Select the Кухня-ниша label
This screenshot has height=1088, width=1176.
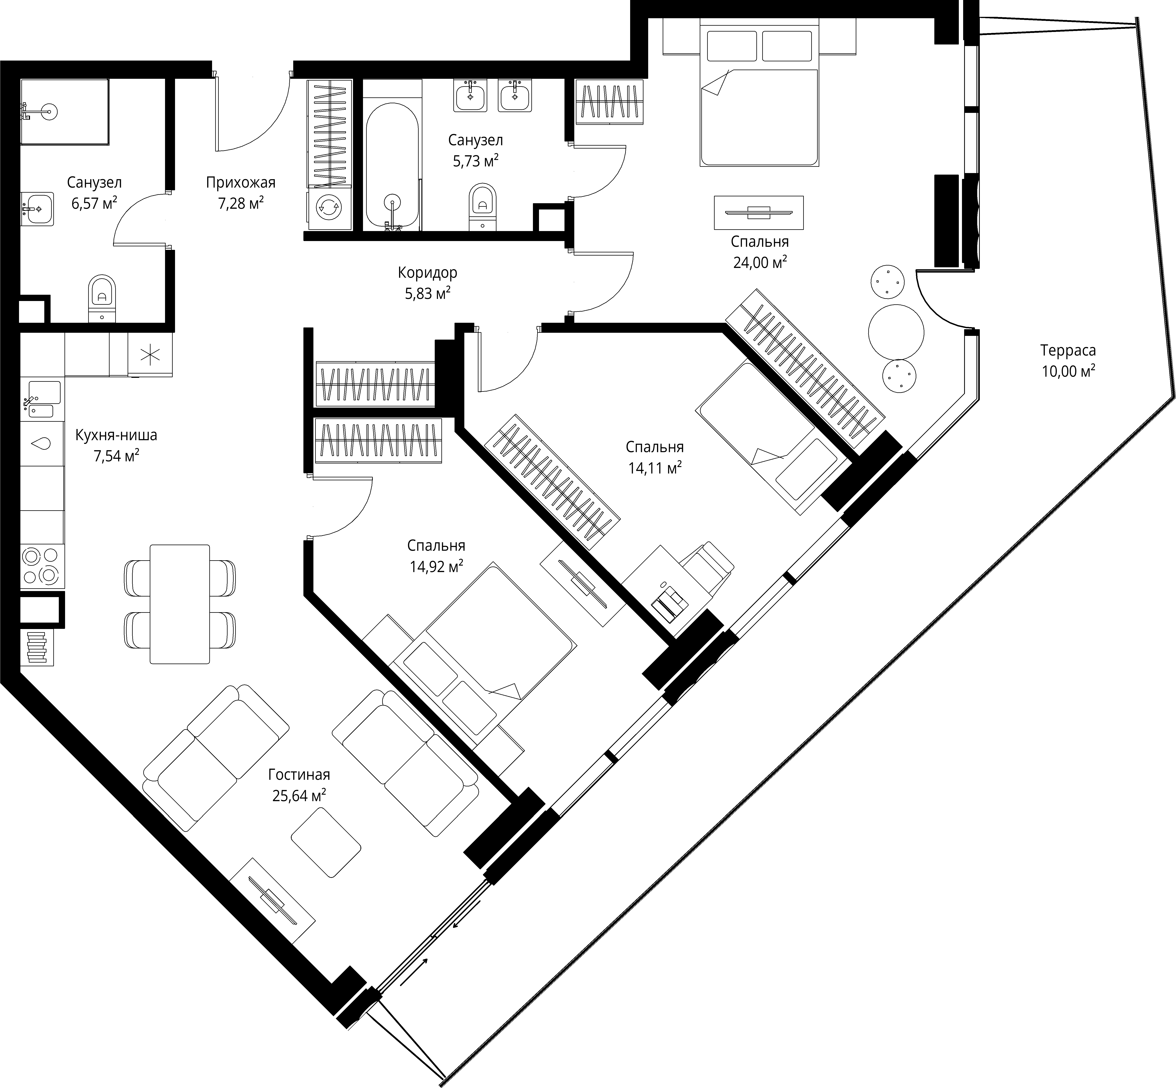pos(116,435)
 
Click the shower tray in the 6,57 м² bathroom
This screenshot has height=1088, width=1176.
pos(65,112)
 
